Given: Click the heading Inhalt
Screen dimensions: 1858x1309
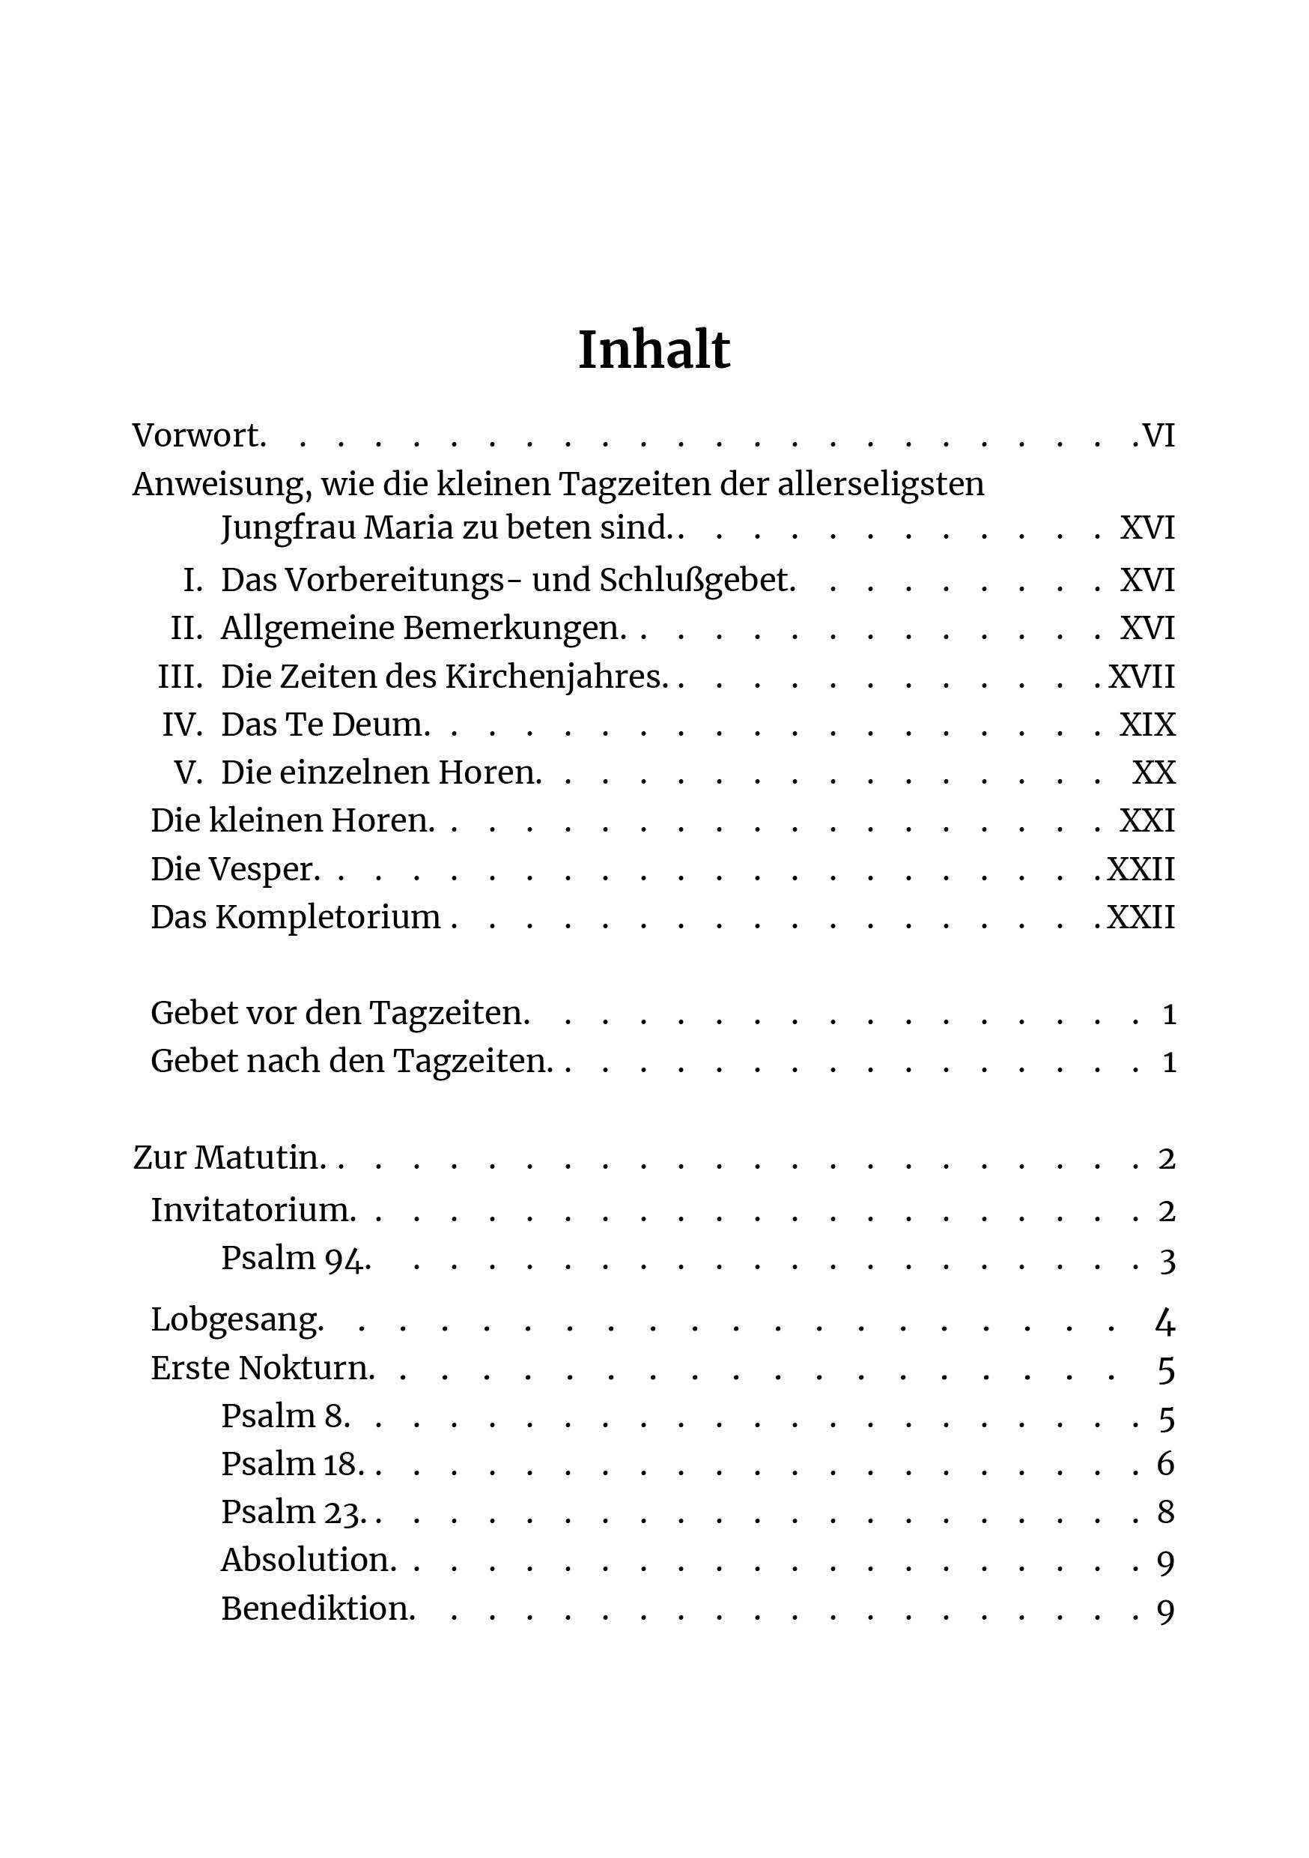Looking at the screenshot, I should (654, 350).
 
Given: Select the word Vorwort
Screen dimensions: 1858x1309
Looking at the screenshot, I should (198, 435).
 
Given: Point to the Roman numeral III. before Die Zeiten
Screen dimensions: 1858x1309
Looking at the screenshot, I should (180, 676).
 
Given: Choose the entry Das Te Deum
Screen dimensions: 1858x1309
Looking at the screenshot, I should (324, 724).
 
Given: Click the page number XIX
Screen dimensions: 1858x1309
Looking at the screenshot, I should (1147, 724).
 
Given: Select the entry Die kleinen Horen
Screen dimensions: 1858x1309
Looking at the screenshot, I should (292, 820).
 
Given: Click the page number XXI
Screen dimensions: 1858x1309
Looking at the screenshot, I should (1147, 820).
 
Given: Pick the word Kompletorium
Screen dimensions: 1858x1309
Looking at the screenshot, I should (328, 917).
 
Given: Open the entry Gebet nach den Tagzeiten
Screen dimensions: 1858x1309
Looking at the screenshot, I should (351, 1061).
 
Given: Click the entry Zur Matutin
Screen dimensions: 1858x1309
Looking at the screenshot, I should (228, 1158).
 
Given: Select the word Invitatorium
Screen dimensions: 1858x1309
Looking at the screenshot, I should (252, 1210).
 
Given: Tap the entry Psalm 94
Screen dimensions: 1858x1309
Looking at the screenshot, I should (295, 1259).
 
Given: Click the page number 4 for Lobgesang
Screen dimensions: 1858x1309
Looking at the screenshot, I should (1165, 1322).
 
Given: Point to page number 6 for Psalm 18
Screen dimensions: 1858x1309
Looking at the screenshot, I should (1166, 1463).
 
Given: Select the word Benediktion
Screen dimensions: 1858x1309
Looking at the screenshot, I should (317, 1608).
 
